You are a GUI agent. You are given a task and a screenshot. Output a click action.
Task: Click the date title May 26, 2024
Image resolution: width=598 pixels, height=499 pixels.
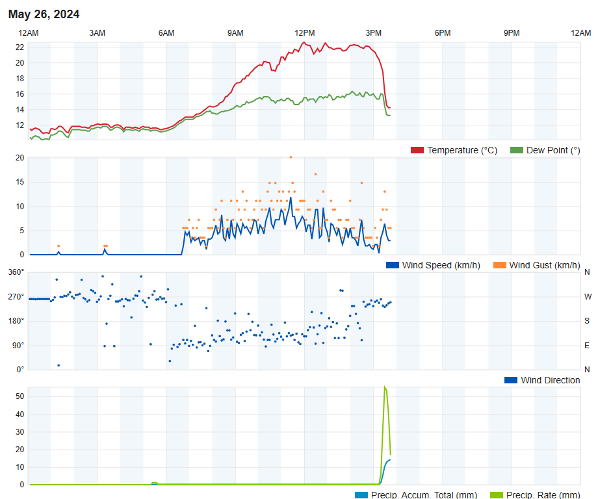(x=44, y=14)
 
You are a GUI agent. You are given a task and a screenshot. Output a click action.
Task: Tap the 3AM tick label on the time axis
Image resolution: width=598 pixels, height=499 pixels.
(x=97, y=33)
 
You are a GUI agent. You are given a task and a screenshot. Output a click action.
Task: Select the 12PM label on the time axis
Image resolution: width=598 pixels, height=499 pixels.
(x=304, y=33)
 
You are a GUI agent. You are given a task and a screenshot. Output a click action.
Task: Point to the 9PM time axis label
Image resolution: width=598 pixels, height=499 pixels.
(x=512, y=33)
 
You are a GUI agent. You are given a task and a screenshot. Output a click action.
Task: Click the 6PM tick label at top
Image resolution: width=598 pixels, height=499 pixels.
(x=443, y=33)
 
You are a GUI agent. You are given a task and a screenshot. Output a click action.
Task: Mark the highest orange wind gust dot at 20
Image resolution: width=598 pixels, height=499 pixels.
(x=291, y=157)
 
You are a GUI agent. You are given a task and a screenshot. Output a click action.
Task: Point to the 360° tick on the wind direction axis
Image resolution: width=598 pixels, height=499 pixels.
(x=16, y=272)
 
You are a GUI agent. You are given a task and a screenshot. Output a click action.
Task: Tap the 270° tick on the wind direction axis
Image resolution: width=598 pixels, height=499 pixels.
(x=16, y=297)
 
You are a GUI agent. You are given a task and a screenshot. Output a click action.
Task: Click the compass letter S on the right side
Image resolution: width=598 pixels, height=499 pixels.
(x=587, y=321)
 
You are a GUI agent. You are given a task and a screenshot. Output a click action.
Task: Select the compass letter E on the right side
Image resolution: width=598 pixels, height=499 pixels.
(x=587, y=345)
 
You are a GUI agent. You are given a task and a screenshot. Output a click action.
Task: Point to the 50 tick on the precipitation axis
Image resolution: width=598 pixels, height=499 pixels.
(x=19, y=396)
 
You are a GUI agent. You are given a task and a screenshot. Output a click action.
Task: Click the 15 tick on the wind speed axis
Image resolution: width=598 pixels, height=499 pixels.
(x=19, y=182)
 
